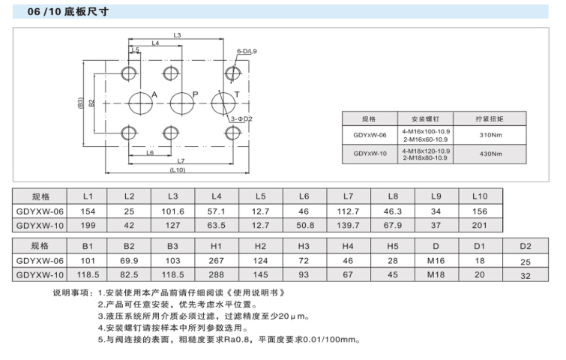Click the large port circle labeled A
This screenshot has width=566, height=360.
point(139,103)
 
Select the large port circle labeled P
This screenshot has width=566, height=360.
point(181,103)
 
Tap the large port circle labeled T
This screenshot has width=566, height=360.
point(222,103)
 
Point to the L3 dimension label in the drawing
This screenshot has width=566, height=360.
point(178,35)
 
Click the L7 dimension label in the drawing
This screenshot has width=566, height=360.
point(180,161)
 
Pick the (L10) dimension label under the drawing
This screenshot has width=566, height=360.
point(177,171)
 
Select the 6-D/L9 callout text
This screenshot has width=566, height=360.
point(247,52)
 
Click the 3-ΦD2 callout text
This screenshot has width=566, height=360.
point(241,118)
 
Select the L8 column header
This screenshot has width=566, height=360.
point(393,196)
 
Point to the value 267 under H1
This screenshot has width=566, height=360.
point(217,259)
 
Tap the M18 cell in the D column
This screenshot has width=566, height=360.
point(436,274)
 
